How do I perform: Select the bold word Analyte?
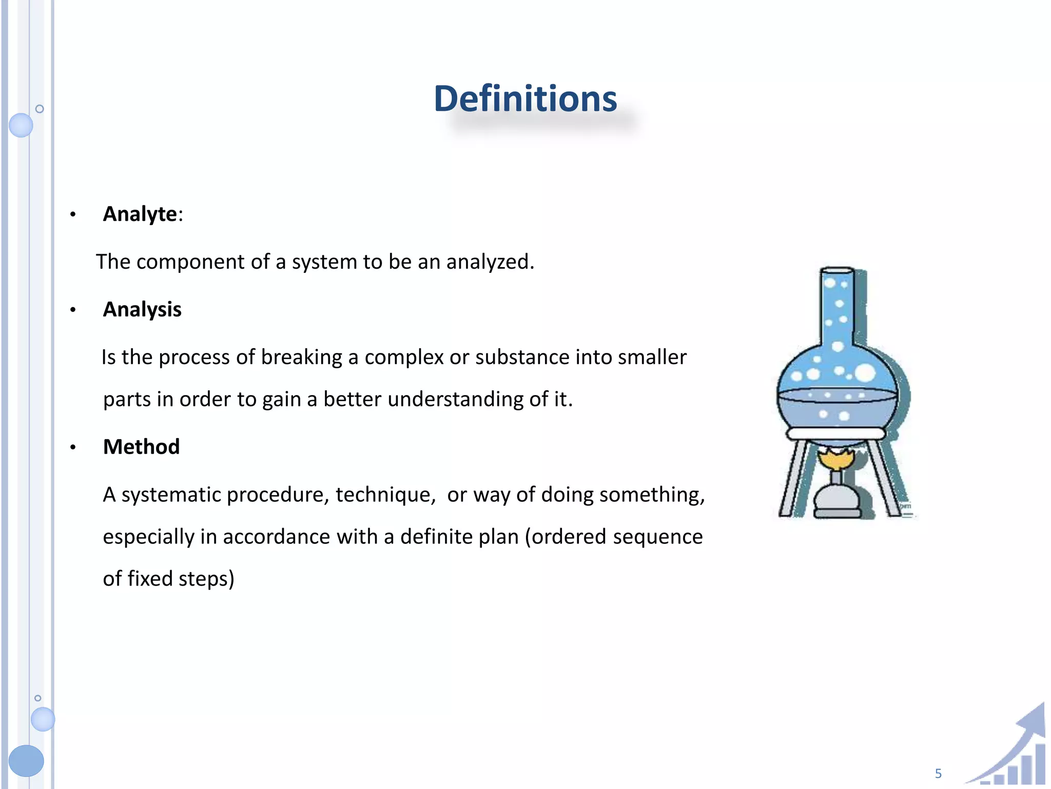click(140, 214)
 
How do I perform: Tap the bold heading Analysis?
click(142, 309)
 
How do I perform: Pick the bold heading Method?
click(141, 446)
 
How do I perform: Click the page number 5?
click(938, 773)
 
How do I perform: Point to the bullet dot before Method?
click(73, 447)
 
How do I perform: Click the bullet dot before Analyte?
click(73, 214)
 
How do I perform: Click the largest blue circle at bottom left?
click(26, 760)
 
